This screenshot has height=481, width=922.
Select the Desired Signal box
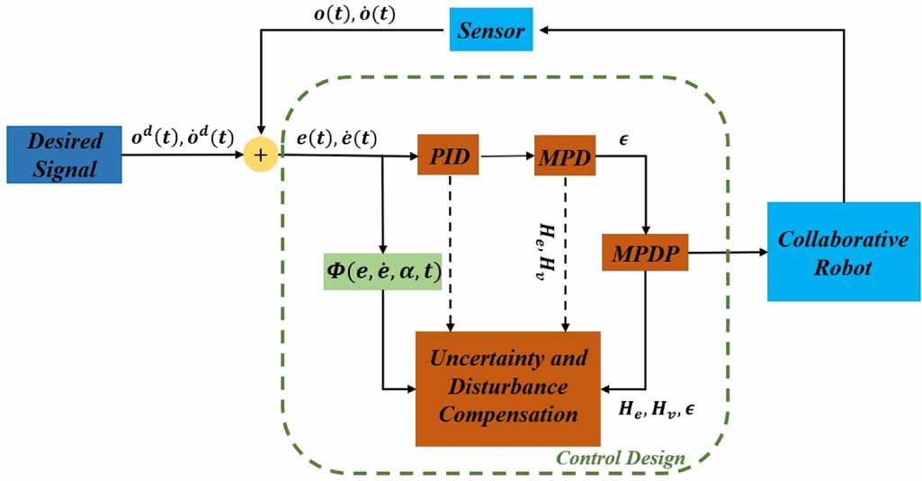63,155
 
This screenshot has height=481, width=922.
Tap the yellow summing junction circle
262,156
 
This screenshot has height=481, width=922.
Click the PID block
447,155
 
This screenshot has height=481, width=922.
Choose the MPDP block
645,254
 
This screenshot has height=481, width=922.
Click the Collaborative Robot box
843,252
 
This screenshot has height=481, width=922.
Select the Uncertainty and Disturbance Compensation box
507,388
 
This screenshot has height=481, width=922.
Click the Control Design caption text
620,459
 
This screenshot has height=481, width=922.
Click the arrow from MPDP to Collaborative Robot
727,254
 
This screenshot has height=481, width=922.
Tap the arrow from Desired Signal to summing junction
184,156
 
